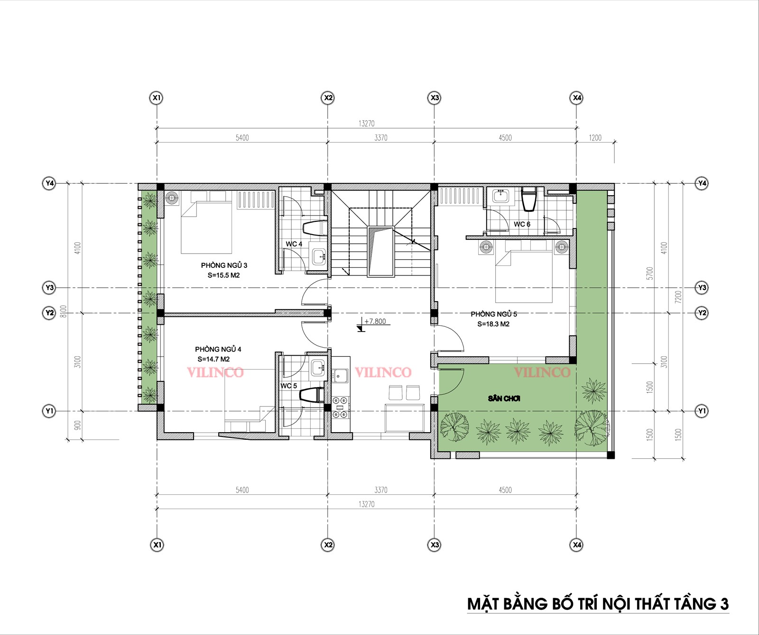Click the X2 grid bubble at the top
(x=328, y=98)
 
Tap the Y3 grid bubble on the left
(x=49, y=287)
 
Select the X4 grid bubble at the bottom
(x=576, y=545)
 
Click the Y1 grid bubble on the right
(x=702, y=411)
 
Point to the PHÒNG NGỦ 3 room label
(x=224, y=265)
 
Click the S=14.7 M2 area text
(x=213, y=359)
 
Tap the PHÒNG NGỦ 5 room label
(x=494, y=314)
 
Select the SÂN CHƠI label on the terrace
(x=504, y=398)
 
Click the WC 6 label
(x=522, y=224)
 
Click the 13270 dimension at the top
(x=366, y=123)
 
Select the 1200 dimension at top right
(x=595, y=138)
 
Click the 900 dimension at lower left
(x=78, y=425)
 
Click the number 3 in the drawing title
(x=724, y=604)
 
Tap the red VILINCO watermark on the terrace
(x=542, y=372)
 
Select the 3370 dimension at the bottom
(x=381, y=490)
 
